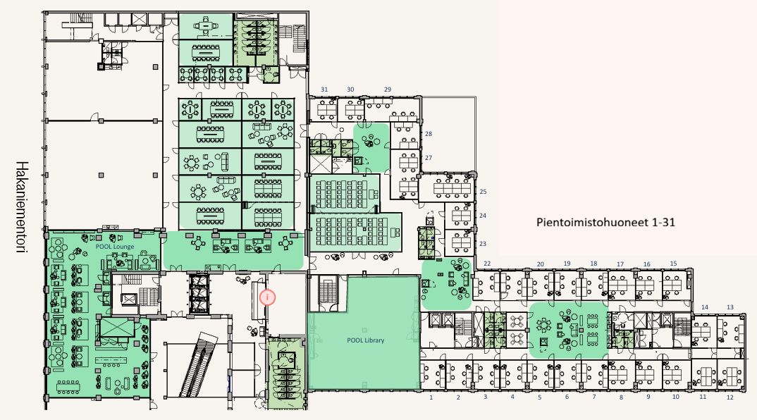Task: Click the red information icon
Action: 267,297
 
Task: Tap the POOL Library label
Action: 366,340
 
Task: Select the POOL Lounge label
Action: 115,247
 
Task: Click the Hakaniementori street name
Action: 20,207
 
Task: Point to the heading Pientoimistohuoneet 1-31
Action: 606,222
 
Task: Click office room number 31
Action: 324,89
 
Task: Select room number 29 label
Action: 388,89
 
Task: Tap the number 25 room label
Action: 483,192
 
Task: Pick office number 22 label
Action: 487,264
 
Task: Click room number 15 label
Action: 674,263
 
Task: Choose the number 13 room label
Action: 730,307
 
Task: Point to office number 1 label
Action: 431,397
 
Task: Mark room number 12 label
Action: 730,397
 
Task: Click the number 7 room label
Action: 593,397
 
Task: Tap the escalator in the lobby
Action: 197,364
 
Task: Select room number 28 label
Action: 429,134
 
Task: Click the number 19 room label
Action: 567,264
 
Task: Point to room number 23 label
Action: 483,244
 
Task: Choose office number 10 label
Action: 675,397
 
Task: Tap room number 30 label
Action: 350,89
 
